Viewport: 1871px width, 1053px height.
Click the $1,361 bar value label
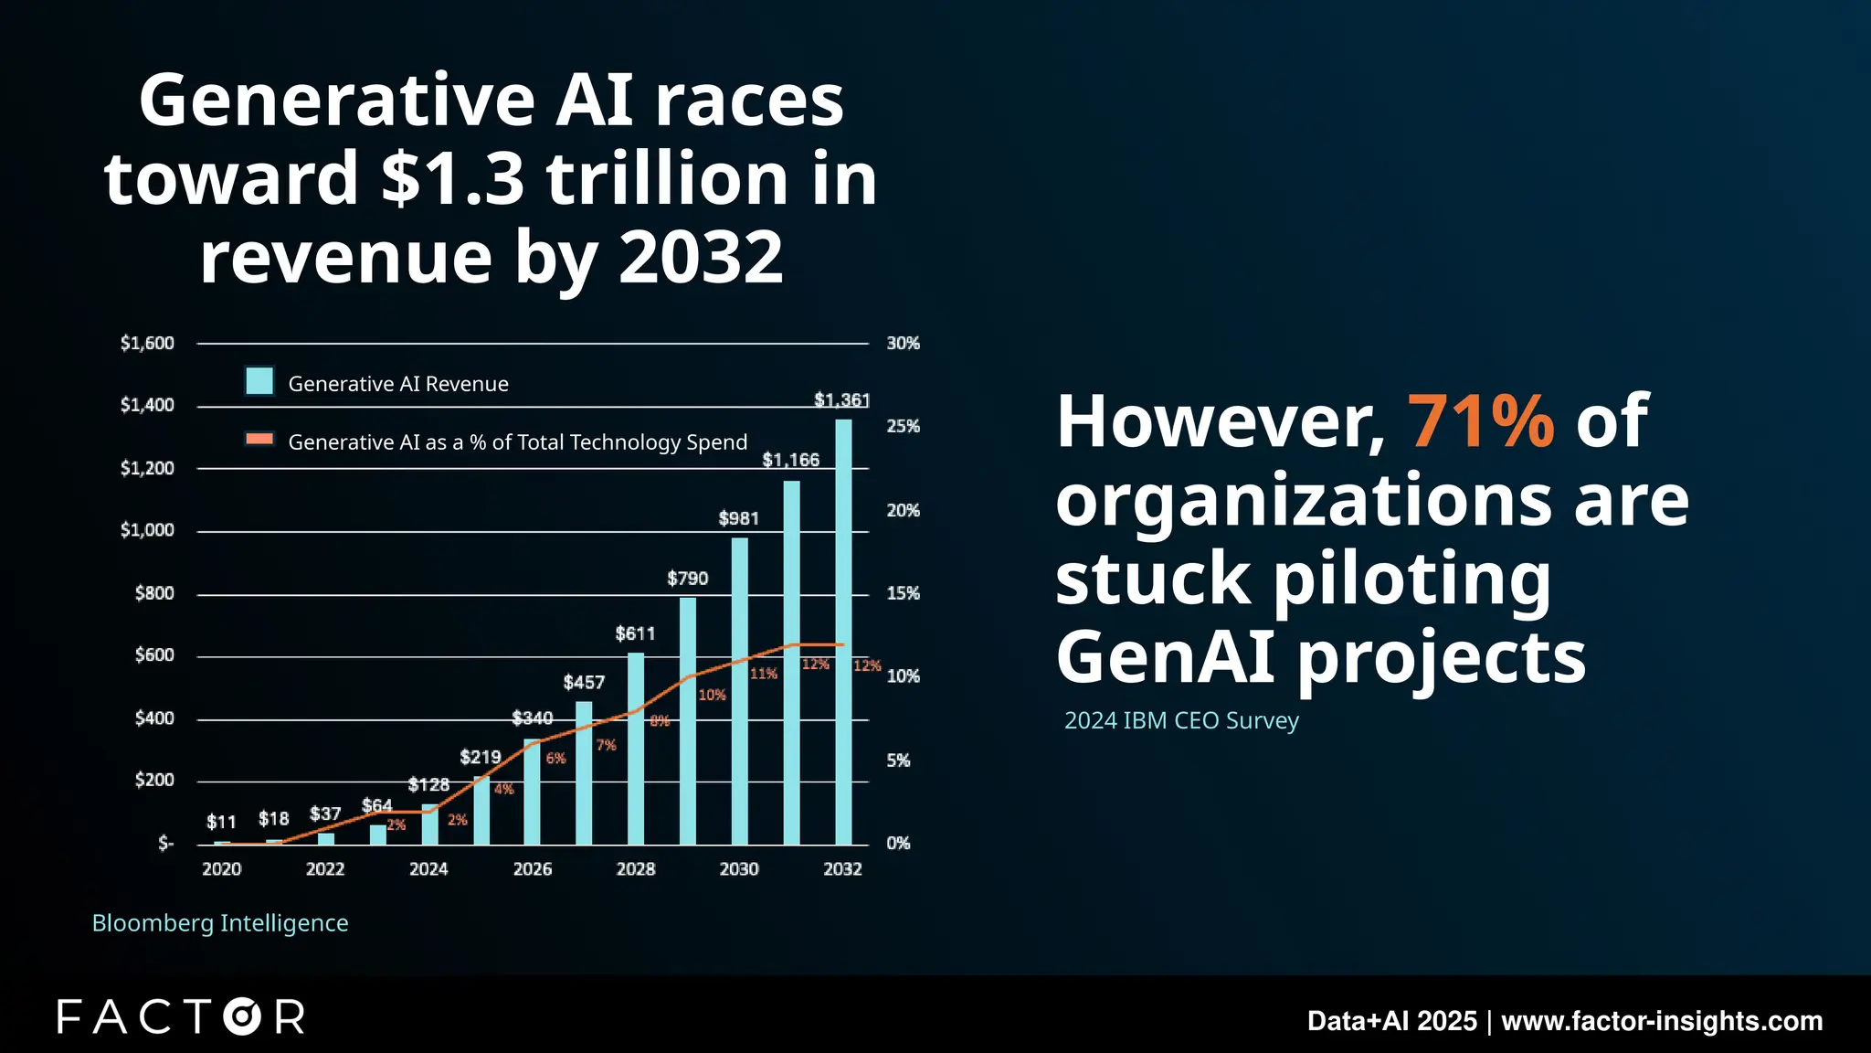coord(841,400)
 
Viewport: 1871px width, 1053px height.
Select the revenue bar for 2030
coord(739,691)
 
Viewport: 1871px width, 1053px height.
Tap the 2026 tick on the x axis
coord(532,869)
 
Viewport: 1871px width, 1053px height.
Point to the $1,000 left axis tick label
coord(147,530)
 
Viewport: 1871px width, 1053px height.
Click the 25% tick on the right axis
coord(903,427)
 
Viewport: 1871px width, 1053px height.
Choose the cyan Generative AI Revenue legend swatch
coord(259,381)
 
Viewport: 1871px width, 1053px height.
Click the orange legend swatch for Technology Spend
coord(259,440)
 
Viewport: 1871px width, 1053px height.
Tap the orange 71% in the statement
coord(1480,421)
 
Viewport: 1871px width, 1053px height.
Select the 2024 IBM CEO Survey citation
coord(1181,721)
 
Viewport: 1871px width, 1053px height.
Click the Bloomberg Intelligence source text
coord(220,923)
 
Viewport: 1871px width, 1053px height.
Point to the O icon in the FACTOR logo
coord(243,1016)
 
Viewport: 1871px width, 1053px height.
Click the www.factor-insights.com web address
coord(1662,1021)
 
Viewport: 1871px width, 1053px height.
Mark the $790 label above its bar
coord(687,579)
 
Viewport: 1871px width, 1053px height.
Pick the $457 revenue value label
coord(584,683)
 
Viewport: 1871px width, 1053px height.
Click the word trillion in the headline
coord(668,178)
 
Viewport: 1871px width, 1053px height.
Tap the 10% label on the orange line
coord(712,696)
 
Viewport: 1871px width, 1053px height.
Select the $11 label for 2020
coord(221,822)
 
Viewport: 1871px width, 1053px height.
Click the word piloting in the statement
coord(1411,580)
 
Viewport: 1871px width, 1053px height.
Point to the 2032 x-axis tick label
coord(842,869)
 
